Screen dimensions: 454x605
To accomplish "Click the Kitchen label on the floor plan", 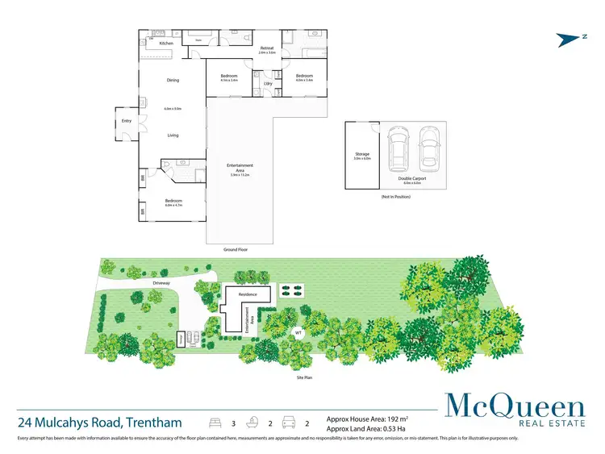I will tap(166, 44).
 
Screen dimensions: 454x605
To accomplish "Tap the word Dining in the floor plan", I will tap(173, 80).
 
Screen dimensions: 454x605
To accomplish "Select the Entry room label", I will tap(127, 121).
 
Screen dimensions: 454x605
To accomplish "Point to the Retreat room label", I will tap(267, 48).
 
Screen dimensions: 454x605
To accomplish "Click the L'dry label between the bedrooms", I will tap(267, 83).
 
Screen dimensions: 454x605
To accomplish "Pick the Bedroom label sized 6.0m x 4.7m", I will tap(173, 201).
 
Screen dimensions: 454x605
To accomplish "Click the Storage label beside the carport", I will tap(361, 153).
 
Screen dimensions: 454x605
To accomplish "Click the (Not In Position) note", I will tap(396, 197).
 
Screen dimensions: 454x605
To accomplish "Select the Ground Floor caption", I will tap(236, 251).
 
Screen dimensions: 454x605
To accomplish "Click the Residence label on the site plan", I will tap(247, 295).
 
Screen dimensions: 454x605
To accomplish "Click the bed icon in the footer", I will tap(215, 422).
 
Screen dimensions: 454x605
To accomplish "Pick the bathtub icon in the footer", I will tap(253, 422).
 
